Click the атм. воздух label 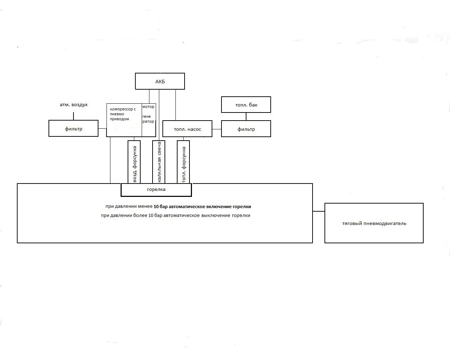tap(73, 105)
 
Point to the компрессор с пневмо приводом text tap(123, 114)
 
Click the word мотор tap(148, 107)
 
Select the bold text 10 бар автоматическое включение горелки tap(202, 207)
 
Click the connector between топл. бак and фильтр tap(246, 116)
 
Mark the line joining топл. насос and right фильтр tap(217, 129)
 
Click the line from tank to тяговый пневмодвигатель tap(319, 211)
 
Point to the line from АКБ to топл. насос tap(175, 105)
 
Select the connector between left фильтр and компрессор tap(102, 128)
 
